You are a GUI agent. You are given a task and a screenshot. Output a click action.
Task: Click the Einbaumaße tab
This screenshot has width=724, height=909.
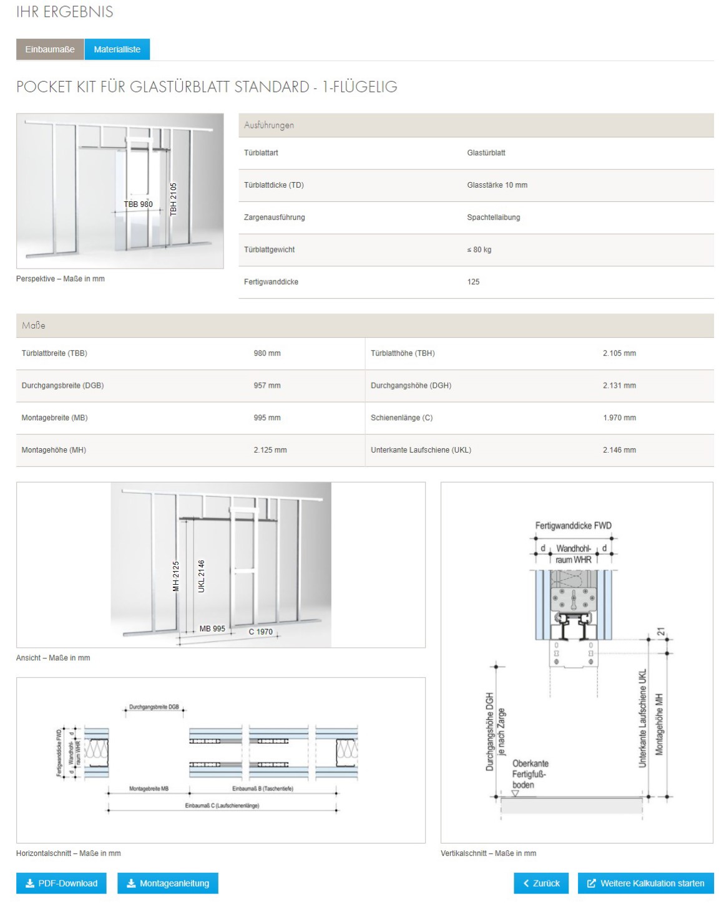50,49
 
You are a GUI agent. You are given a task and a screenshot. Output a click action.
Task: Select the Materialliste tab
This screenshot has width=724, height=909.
117,49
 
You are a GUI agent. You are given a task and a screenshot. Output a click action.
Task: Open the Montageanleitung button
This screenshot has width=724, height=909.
167,883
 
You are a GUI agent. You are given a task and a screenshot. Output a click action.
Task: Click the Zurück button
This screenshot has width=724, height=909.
541,883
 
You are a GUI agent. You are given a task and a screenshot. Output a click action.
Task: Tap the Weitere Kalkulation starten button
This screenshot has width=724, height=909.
645,883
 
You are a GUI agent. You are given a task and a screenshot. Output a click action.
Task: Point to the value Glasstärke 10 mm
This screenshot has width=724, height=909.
497,185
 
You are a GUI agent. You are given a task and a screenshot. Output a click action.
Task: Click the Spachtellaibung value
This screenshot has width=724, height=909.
493,218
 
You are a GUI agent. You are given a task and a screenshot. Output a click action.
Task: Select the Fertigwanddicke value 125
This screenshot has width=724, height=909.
473,282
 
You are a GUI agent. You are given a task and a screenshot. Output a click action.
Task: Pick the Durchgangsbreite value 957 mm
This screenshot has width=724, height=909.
267,385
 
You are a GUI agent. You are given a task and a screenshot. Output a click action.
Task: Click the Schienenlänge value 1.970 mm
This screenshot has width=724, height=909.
619,418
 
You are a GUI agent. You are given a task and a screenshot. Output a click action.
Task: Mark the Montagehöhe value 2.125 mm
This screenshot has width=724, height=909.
270,450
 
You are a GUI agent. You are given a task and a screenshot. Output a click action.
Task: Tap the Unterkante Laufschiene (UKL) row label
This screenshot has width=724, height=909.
421,450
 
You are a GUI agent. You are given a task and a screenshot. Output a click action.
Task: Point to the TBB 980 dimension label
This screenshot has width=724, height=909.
138,204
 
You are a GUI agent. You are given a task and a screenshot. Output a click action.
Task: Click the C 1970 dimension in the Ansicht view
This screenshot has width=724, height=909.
260,632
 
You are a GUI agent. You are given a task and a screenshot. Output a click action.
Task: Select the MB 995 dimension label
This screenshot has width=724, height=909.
212,628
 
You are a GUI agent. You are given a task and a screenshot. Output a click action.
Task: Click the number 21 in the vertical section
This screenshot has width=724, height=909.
661,632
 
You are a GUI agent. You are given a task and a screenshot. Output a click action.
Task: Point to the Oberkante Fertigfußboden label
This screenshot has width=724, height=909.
530,774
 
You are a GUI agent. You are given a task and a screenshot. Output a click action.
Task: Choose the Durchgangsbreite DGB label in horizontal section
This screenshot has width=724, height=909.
154,707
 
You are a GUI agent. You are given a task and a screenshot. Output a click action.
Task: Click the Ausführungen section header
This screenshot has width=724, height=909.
269,125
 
